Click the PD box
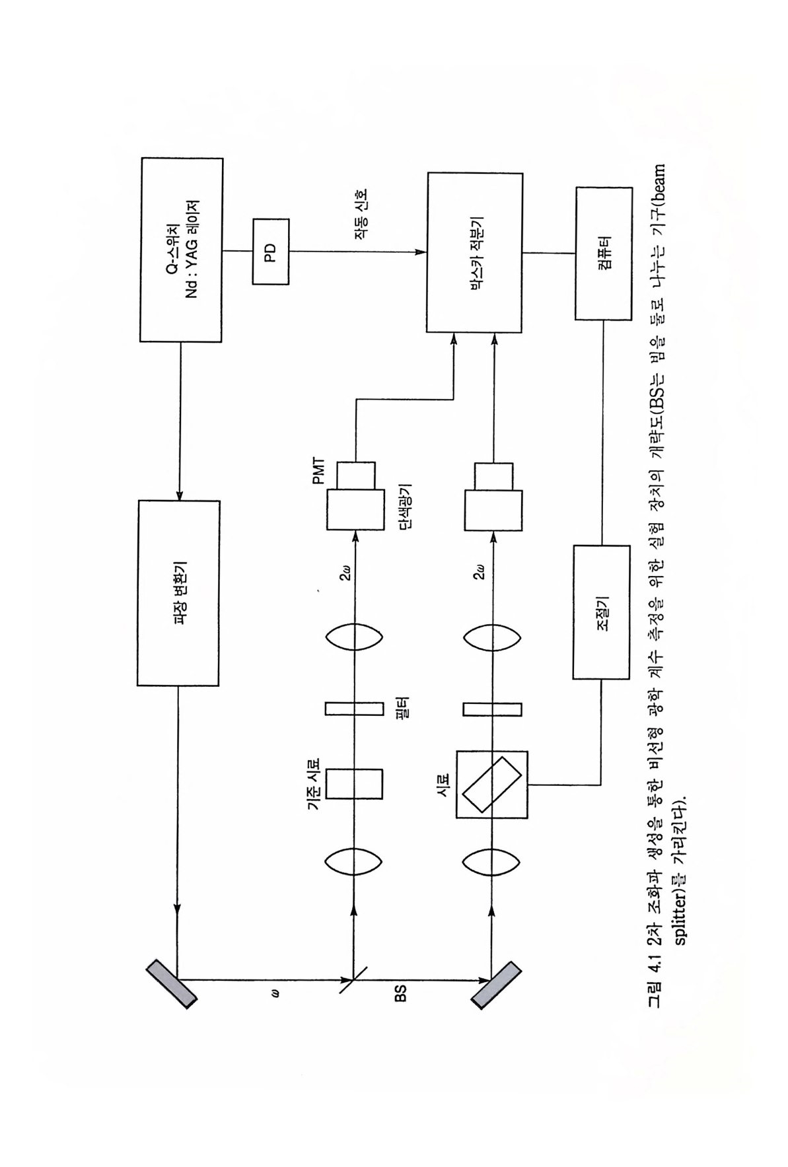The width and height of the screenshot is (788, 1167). (270, 252)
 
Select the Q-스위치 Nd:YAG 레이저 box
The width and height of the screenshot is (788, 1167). (181, 249)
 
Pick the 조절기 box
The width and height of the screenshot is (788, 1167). (600, 612)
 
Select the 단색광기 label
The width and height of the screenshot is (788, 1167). (405, 508)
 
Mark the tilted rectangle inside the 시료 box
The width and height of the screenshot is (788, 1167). (491, 784)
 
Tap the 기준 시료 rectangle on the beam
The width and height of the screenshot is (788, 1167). (354, 784)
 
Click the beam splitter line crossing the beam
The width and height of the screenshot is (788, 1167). (355, 979)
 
